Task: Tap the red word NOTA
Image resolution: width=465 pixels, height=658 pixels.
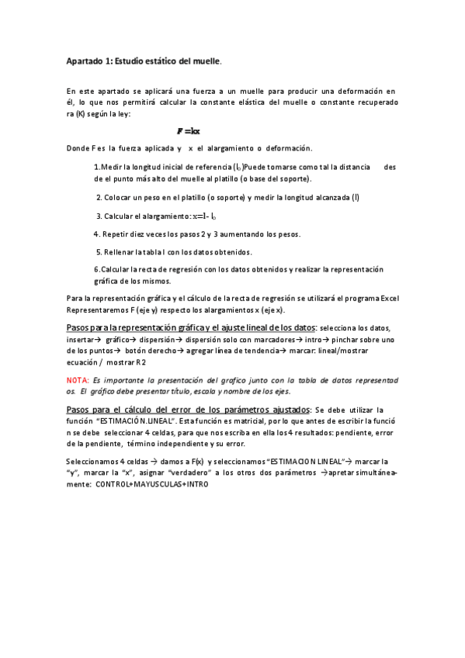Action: coord(77,380)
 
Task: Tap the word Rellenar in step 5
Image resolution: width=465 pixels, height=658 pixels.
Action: coord(118,252)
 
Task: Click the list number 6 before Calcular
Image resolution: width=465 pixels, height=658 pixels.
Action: coord(95,269)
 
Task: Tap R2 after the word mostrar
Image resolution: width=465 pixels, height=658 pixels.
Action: coord(140,362)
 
